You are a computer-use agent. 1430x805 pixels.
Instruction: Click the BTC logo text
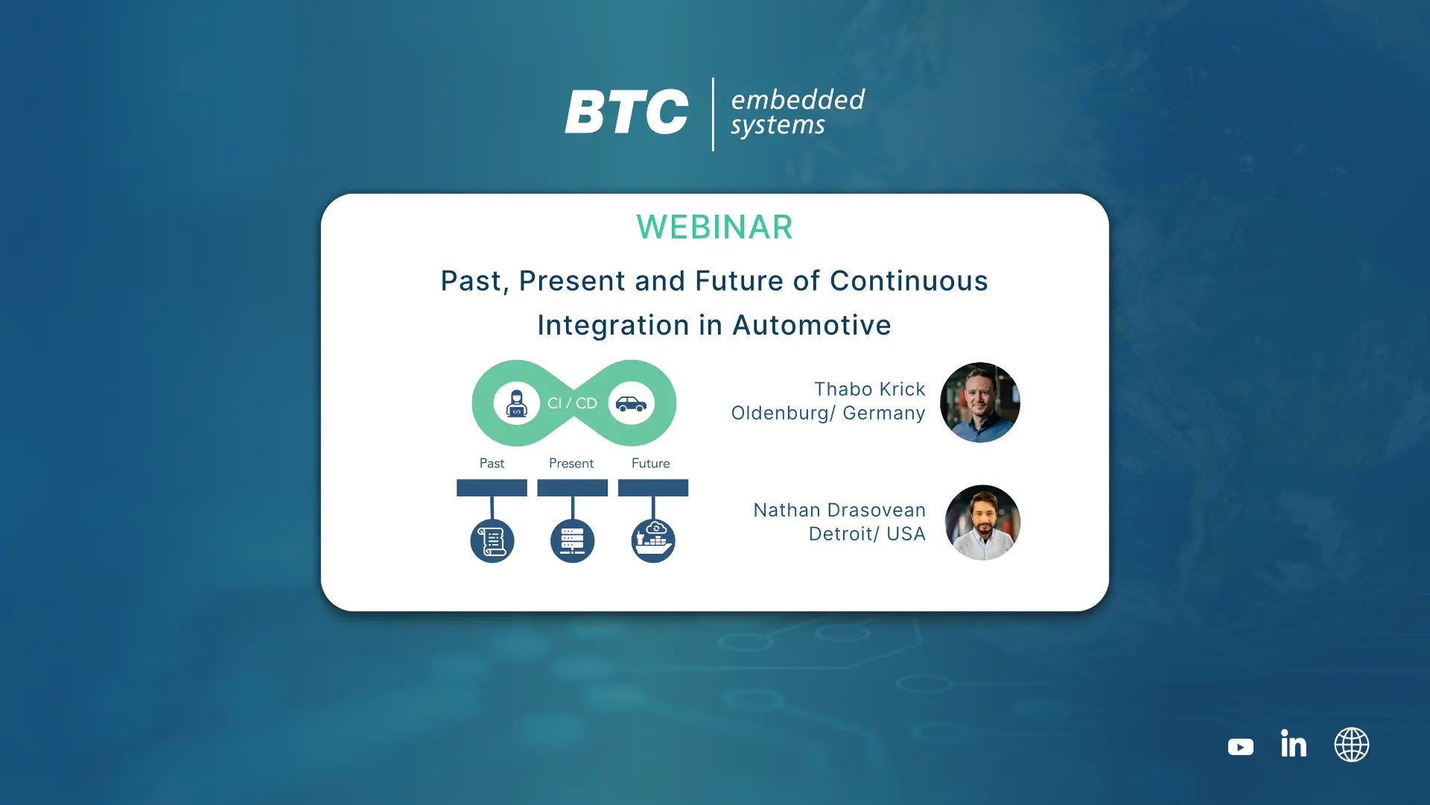(x=626, y=113)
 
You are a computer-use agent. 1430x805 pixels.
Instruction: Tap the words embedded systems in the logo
(x=798, y=113)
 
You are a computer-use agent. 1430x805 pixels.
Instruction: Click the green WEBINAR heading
(x=714, y=227)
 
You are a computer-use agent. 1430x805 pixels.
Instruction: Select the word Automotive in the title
(x=812, y=325)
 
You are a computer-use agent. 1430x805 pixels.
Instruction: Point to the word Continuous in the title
(x=909, y=281)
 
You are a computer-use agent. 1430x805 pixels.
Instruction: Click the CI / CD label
(x=572, y=403)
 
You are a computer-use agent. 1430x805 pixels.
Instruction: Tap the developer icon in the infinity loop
(x=516, y=403)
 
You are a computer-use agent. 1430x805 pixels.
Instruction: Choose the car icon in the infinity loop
(x=631, y=403)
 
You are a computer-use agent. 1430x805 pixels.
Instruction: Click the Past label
(x=492, y=464)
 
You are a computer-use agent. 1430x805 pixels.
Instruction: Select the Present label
(x=571, y=464)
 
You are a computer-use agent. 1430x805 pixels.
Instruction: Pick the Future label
(x=651, y=464)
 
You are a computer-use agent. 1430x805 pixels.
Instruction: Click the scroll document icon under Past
(x=492, y=540)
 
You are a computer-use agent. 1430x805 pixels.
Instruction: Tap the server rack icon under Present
(x=572, y=540)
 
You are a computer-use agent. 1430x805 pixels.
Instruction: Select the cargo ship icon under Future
(x=653, y=540)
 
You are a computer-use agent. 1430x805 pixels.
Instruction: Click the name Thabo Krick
(x=870, y=389)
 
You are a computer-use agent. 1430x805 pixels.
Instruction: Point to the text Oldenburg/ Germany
(x=828, y=413)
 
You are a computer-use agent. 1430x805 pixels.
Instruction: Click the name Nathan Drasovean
(x=839, y=510)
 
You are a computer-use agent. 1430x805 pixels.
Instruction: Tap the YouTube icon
(x=1241, y=747)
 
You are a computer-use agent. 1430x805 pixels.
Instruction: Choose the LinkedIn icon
(x=1294, y=743)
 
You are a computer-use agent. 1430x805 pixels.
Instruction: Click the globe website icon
(x=1352, y=745)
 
